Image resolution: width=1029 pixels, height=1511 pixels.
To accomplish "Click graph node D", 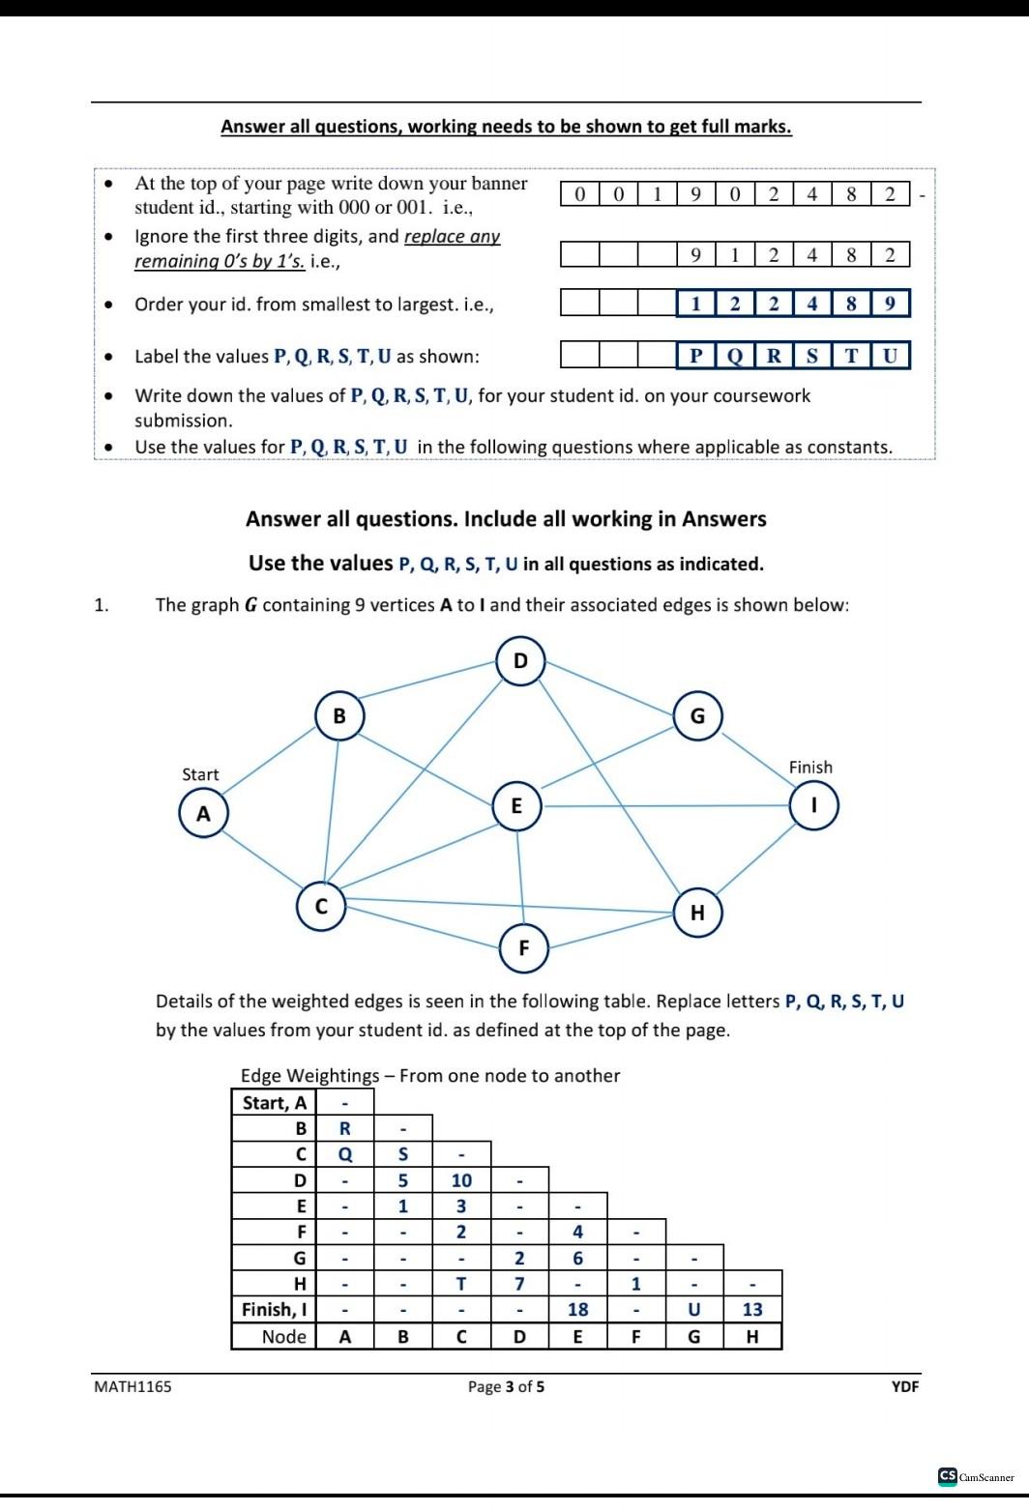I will (521, 661).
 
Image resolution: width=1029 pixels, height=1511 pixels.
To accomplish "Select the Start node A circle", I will (203, 813).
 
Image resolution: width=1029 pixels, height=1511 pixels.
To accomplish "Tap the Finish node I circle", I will (813, 805).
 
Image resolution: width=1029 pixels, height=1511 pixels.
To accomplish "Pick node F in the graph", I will (524, 947).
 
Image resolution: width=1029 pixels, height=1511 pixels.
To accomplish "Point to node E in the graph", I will (516, 805).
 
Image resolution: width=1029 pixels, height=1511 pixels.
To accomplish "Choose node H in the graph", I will (697, 913).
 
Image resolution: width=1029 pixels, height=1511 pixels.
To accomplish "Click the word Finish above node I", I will (810, 767).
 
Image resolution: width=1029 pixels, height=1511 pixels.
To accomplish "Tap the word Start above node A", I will (200, 774).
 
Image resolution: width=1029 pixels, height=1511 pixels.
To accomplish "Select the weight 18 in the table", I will (577, 1309).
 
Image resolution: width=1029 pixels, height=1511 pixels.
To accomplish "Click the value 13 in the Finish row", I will (752, 1309).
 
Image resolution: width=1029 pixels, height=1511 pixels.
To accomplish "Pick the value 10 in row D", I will (461, 1179).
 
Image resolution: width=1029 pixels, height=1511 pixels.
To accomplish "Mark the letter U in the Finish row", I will (693, 1309).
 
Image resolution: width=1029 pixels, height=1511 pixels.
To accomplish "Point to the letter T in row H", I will (461, 1284).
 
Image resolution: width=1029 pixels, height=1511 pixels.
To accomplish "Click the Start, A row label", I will (274, 1102).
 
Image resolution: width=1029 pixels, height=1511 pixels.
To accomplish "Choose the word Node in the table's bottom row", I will (283, 1336).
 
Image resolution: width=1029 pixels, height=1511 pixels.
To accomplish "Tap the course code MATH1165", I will (132, 1386).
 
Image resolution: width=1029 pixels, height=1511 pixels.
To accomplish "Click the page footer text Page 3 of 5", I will (506, 1386).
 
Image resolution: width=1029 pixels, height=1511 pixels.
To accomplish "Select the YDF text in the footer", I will (904, 1386).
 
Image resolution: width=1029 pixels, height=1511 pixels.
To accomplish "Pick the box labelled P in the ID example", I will (695, 355).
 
